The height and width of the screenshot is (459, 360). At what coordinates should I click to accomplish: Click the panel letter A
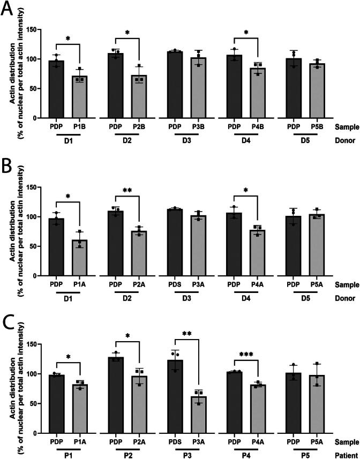pyautogui.click(x=7, y=8)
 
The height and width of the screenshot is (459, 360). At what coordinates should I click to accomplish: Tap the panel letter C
pyautogui.click(x=8, y=322)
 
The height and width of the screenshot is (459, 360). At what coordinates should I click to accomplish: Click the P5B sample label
pyautogui.click(x=317, y=127)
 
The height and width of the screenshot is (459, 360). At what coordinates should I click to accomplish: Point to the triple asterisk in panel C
pyautogui.click(x=245, y=355)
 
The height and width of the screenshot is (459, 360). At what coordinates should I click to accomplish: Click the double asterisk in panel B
pyautogui.click(x=127, y=190)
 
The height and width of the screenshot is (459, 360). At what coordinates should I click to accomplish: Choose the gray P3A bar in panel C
pyautogui.click(x=198, y=415)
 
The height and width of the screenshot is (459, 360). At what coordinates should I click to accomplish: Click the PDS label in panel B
pyautogui.click(x=175, y=284)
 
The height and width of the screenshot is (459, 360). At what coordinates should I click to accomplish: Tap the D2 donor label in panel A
pyautogui.click(x=127, y=140)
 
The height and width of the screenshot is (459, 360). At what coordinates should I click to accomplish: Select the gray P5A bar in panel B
pyautogui.click(x=317, y=245)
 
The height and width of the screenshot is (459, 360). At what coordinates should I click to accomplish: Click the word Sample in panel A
pyautogui.click(x=347, y=127)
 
